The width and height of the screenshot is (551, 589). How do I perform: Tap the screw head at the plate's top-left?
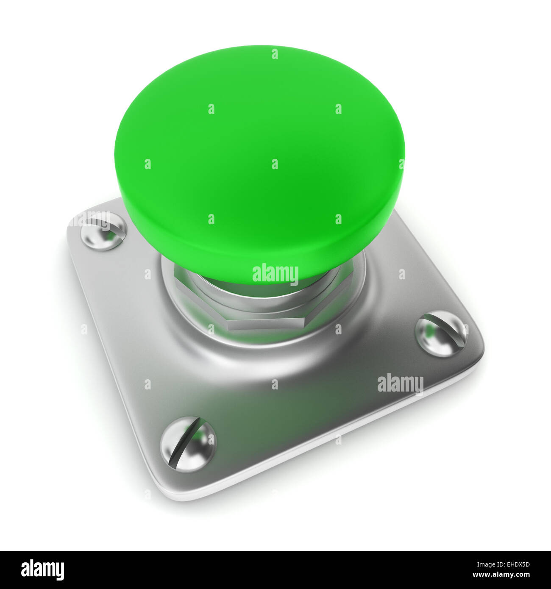pyautogui.click(x=103, y=231)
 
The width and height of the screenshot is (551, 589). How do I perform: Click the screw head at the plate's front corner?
pyautogui.click(x=188, y=444)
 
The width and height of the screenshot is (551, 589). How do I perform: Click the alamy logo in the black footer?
pyautogui.click(x=42, y=570)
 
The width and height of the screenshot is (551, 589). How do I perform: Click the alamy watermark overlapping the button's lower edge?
pyautogui.click(x=275, y=274)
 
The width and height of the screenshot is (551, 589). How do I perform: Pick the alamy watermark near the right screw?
pyautogui.click(x=400, y=384)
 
